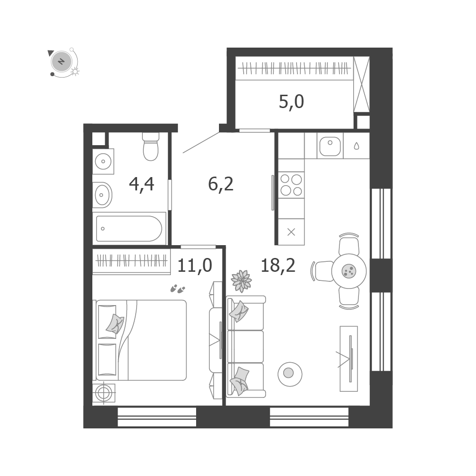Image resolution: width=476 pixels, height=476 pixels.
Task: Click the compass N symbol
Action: (x=61, y=61)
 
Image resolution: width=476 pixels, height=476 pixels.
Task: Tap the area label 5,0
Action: (x=291, y=102)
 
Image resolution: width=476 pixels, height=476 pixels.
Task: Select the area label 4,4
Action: (x=141, y=184)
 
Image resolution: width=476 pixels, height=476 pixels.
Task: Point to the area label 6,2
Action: (x=221, y=184)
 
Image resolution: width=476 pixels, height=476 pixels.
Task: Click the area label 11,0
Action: (x=195, y=265)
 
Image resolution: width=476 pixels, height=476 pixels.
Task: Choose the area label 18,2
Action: (x=278, y=265)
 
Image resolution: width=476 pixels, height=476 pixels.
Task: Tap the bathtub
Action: (x=129, y=228)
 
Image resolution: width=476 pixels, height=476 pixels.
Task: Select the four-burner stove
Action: (x=291, y=185)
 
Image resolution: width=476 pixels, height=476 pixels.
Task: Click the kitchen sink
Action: (x=330, y=146)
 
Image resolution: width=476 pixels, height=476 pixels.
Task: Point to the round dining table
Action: (x=349, y=271)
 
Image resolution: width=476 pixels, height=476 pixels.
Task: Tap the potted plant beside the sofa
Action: (x=241, y=281)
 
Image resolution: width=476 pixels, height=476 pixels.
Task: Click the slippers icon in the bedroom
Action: (x=178, y=289)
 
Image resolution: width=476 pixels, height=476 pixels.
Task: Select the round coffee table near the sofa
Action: (x=289, y=374)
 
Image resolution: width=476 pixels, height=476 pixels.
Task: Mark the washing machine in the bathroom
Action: (x=103, y=161)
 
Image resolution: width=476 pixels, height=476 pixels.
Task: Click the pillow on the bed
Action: (x=115, y=324)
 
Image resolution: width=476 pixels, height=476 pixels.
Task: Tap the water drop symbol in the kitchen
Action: (x=357, y=146)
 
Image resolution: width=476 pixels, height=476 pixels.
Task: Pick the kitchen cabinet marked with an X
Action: (x=291, y=232)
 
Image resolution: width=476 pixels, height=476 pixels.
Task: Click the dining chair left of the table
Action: (x=323, y=271)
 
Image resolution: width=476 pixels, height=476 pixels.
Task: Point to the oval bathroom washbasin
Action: (x=102, y=195)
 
